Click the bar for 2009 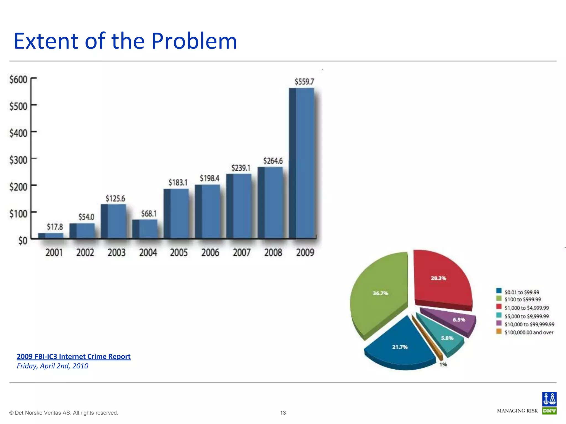[302, 163]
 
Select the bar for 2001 [51, 235]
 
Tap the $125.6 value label [115, 198]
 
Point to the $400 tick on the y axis [19, 133]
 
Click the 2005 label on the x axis [179, 253]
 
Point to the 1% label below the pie [443, 365]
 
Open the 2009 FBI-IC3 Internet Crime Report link [74, 356]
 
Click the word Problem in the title [194, 41]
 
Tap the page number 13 [283, 413]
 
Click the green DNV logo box [549, 411]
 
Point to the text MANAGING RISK [517, 411]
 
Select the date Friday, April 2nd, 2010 [53, 366]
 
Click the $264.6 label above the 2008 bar [273, 161]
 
